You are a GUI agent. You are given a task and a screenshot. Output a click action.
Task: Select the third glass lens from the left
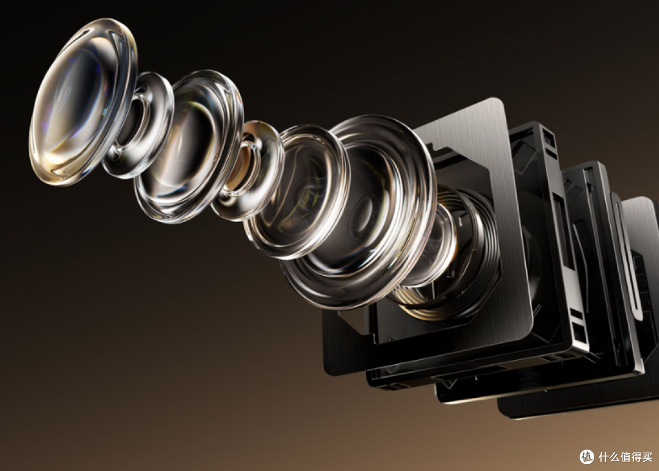[189, 145]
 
